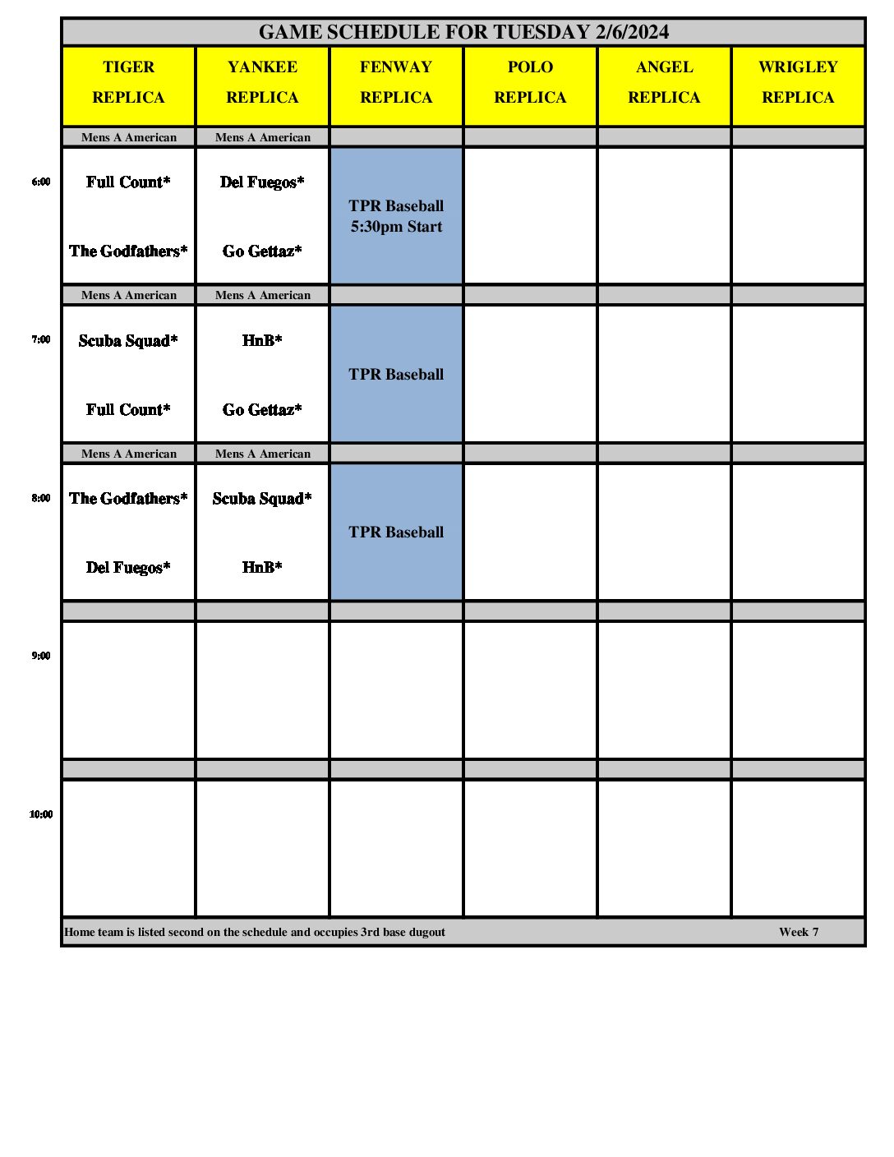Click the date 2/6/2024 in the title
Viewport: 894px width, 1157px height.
(x=632, y=32)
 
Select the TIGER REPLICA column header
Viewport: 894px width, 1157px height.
(x=129, y=82)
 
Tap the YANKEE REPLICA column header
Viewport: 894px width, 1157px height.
(x=263, y=82)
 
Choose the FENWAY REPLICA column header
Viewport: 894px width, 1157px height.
(x=396, y=82)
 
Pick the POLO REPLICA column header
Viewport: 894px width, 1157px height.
(x=530, y=82)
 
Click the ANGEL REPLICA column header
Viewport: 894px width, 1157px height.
(x=664, y=82)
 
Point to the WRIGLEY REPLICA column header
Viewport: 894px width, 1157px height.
(x=798, y=82)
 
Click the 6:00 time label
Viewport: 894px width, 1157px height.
(x=41, y=182)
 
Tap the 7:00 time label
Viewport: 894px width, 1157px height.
(x=41, y=339)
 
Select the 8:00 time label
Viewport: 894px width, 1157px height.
(x=41, y=498)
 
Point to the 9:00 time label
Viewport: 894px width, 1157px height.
(x=41, y=656)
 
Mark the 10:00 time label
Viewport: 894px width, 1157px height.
(x=41, y=814)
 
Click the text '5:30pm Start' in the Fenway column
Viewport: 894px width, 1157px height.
(x=396, y=227)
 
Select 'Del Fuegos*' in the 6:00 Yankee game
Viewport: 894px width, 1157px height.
(x=262, y=182)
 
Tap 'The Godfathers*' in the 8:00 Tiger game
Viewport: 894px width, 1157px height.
(x=128, y=499)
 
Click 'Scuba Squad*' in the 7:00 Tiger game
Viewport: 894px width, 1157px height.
(x=128, y=341)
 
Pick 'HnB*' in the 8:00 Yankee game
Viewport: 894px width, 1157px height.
(x=262, y=567)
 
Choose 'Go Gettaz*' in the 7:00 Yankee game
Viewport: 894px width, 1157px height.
(x=262, y=409)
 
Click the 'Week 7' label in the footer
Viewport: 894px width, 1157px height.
(x=799, y=932)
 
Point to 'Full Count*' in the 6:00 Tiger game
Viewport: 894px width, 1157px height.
(x=128, y=182)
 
